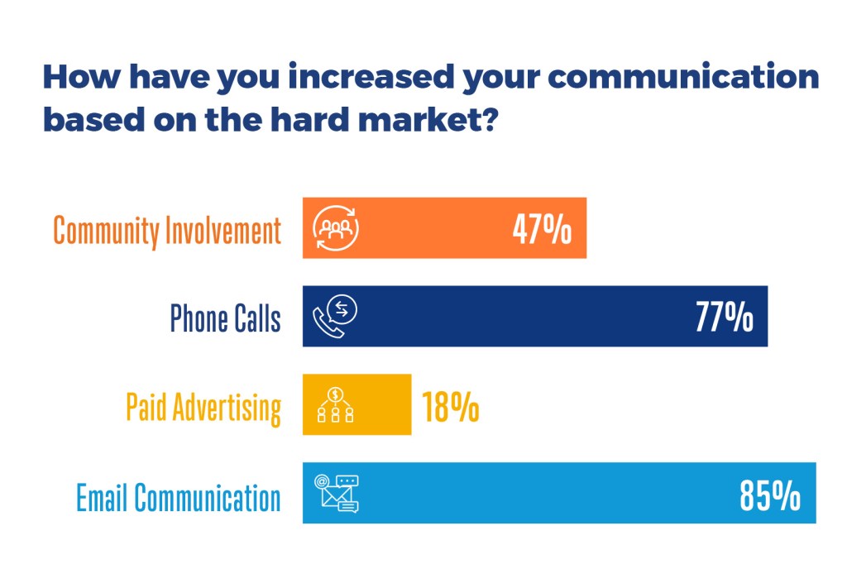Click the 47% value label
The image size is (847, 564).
point(542,229)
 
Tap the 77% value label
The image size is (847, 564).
point(724,317)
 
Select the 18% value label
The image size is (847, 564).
point(450,406)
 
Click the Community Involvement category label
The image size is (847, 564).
point(167,231)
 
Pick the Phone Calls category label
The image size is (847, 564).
point(225,318)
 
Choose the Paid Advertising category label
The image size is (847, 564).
point(203,408)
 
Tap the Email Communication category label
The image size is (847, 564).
point(179,497)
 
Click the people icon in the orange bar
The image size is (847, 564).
point(336,228)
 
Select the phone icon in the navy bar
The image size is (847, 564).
point(335,317)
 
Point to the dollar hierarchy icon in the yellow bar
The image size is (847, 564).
point(336,404)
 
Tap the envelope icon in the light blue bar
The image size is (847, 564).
point(337,493)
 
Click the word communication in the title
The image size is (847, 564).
point(683,76)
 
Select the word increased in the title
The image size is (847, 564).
point(371,76)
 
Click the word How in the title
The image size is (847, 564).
point(82,77)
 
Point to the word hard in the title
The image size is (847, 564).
point(309,118)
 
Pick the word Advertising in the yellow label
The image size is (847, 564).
point(227,408)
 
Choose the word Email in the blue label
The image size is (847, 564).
point(103,497)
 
